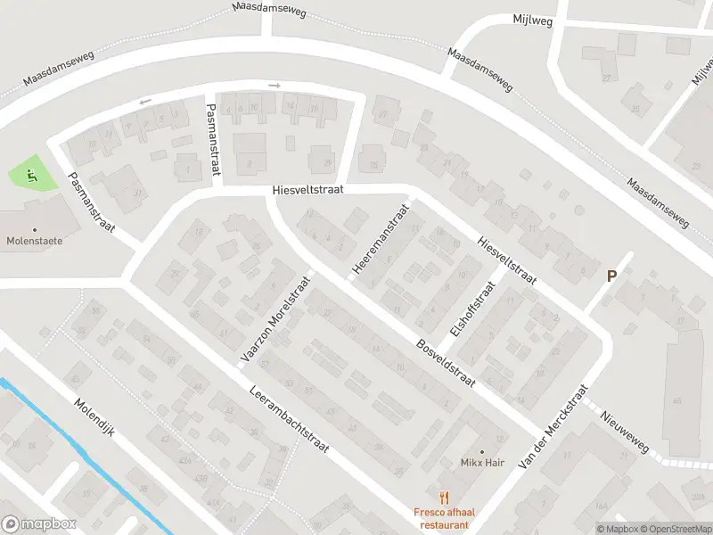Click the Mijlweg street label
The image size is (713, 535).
click(x=531, y=18)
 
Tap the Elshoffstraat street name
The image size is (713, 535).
click(x=472, y=309)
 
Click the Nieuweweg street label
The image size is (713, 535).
click(x=625, y=431)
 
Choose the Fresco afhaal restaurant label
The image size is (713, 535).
click(x=441, y=518)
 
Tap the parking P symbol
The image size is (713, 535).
click(x=611, y=276)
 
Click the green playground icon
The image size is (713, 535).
click(x=33, y=175)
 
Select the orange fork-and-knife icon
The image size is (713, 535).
click(x=441, y=498)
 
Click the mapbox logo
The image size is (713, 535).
click(x=39, y=524)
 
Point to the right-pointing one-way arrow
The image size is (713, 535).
click(x=274, y=86)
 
